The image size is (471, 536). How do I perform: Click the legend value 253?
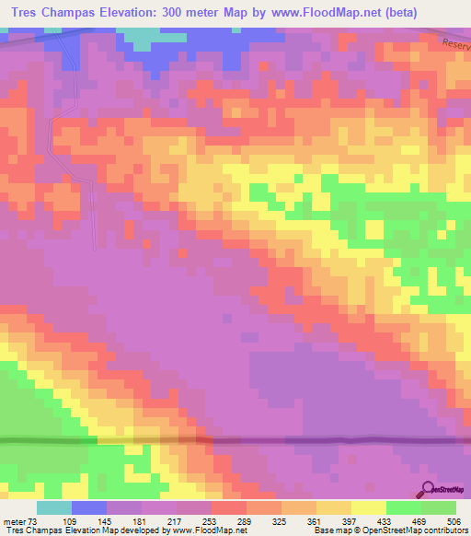pos(212,521)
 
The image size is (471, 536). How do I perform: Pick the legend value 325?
pos(281,521)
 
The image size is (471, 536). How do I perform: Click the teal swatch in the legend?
pos(54,507)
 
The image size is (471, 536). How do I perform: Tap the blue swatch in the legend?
pos(89,507)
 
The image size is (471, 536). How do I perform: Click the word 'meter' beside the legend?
pos(16,521)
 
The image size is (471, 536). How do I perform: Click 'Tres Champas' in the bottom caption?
pos(33,531)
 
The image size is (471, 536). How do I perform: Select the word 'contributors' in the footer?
pos(444,531)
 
